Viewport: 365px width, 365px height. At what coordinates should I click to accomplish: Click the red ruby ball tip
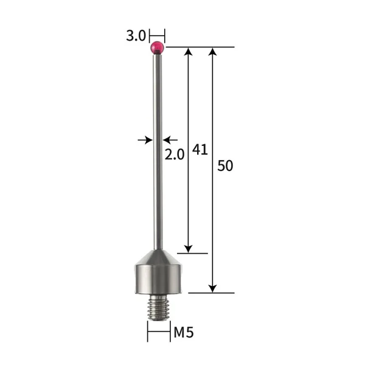tap(158, 47)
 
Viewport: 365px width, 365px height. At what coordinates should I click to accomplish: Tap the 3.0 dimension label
tap(136, 36)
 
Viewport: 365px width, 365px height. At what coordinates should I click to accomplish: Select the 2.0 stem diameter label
tap(174, 155)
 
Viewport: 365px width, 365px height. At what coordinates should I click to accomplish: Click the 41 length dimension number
tap(200, 150)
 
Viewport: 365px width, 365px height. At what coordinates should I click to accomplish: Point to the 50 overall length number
tap(225, 165)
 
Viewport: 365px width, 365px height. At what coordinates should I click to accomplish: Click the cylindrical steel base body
tap(158, 279)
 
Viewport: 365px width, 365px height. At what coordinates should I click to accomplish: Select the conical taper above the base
tap(158, 257)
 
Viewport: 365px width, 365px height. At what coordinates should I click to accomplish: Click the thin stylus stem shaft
tap(158, 152)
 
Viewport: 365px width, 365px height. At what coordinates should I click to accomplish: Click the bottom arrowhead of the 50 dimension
tap(212, 288)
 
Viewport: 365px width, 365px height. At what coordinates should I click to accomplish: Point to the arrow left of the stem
tap(146, 141)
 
